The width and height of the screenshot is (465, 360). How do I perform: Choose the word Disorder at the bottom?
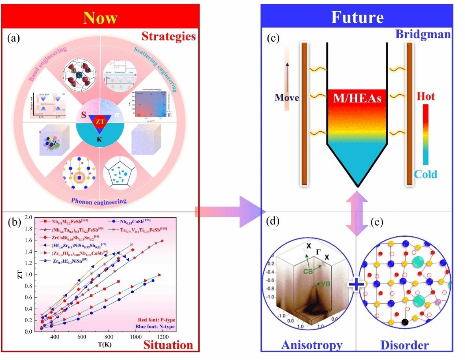point(404,345)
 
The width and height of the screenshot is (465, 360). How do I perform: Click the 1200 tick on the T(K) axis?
point(163,337)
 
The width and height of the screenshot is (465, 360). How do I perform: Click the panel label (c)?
point(273,39)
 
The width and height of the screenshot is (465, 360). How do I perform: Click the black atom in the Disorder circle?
point(404,322)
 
